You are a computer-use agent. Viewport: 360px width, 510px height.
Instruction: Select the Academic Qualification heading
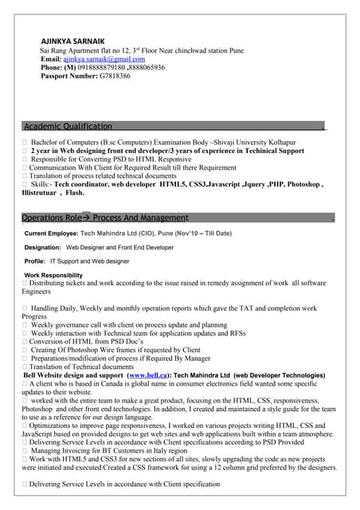coord(68,127)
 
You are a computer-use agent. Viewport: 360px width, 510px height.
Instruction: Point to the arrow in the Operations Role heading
coord(86,218)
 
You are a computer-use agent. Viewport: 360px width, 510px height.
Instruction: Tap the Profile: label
coord(35,261)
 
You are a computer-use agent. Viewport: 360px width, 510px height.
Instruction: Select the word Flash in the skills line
coord(73,193)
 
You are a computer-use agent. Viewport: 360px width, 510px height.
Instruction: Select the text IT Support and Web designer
coord(89,261)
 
